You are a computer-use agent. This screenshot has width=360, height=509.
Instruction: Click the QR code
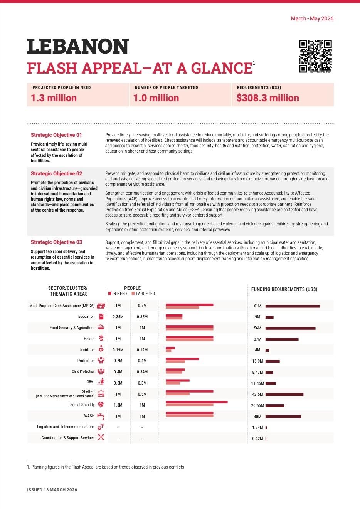(x=315, y=56)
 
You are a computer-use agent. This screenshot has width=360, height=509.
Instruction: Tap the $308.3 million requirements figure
(x=267, y=98)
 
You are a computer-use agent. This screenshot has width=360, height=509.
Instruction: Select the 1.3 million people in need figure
(x=54, y=98)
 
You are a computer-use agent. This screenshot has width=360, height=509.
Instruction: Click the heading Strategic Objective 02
(x=56, y=173)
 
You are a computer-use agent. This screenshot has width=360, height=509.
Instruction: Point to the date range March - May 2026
(x=312, y=18)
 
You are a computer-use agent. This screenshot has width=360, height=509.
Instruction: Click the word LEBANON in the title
(x=78, y=47)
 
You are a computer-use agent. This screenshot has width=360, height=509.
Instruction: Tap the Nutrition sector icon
(x=101, y=349)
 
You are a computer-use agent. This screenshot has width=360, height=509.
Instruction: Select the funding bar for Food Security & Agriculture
(x=290, y=328)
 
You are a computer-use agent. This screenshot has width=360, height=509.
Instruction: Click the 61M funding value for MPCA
(x=257, y=306)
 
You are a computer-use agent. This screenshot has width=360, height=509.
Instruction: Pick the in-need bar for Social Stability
(x=197, y=402)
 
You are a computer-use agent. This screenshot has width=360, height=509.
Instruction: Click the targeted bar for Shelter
(x=178, y=394)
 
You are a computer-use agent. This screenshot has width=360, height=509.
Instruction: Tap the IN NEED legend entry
(x=118, y=294)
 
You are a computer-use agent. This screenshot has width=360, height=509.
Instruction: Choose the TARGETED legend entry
(x=143, y=294)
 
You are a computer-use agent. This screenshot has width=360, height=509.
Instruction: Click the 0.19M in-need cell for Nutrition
(x=118, y=350)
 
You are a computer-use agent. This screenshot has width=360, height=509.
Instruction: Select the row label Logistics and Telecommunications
(x=66, y=427)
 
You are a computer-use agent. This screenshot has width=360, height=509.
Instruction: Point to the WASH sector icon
(x=101, y=416)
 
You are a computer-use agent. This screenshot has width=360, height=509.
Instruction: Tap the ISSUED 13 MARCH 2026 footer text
(x=52, y=490)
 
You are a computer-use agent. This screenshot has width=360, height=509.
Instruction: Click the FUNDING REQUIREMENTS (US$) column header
(x=284, y=289)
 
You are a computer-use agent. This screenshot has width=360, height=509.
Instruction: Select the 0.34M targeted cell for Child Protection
(x=142, y=372)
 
